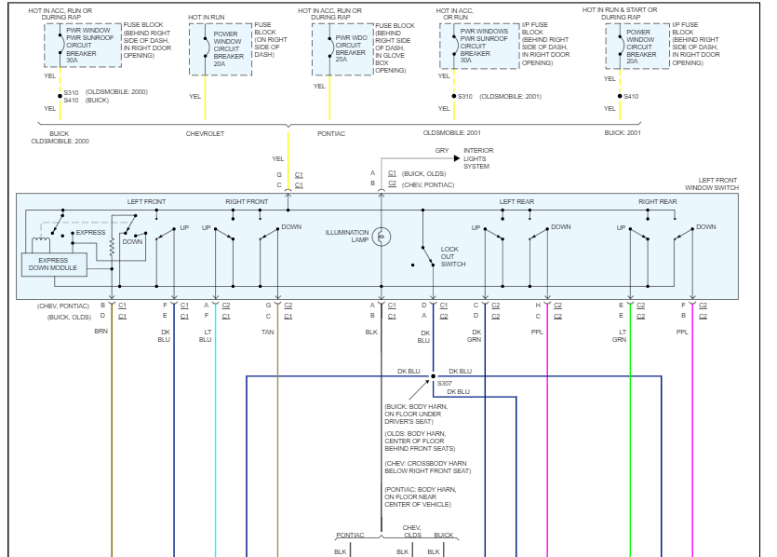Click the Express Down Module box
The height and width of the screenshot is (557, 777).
53,264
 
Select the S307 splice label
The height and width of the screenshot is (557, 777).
444,384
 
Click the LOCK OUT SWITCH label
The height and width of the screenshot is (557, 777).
453,257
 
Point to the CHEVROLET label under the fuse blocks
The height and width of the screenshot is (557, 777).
205,133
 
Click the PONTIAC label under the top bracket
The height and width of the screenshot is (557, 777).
331,133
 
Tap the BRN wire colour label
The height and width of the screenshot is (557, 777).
101,332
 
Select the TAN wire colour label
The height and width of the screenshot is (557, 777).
268,332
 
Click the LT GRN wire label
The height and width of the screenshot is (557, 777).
619,335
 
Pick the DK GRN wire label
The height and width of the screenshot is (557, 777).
476,335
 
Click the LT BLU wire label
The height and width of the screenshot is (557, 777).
205,335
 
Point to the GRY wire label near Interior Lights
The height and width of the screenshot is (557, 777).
441,150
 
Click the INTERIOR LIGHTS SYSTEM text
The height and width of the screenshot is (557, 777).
478,158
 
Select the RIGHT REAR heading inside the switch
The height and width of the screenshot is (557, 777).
657,201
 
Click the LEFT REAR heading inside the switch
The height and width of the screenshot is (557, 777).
517,201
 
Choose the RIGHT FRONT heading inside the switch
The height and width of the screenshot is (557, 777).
247,201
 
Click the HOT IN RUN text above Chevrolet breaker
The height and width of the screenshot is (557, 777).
208,17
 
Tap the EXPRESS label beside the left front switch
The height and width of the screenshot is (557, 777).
90,232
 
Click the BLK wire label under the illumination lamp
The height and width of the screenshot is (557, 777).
371,332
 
